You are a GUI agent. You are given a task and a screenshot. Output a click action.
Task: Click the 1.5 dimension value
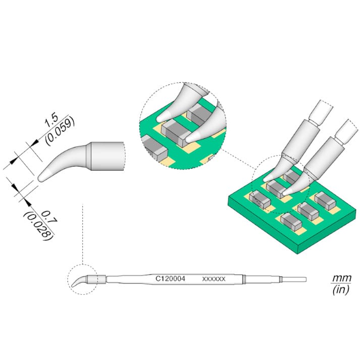[x=51, y=121]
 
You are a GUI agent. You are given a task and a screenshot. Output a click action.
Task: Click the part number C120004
[x=170, y=279]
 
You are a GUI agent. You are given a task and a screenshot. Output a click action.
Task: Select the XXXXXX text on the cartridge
[x=214, y=279]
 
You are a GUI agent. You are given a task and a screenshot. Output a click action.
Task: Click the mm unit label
[x=342, y=278]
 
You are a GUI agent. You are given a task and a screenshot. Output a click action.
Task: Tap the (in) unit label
[x=341, y=289]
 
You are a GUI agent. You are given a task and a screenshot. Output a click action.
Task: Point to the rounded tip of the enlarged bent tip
[x=40, y=178]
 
